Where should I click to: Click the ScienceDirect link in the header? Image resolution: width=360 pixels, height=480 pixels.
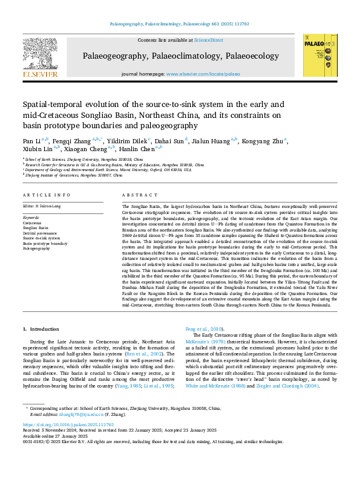click(208, 40)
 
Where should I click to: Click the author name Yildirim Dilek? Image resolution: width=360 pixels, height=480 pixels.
click(129, 141)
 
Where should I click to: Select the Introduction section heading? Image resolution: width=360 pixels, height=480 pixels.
click(41, 329)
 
